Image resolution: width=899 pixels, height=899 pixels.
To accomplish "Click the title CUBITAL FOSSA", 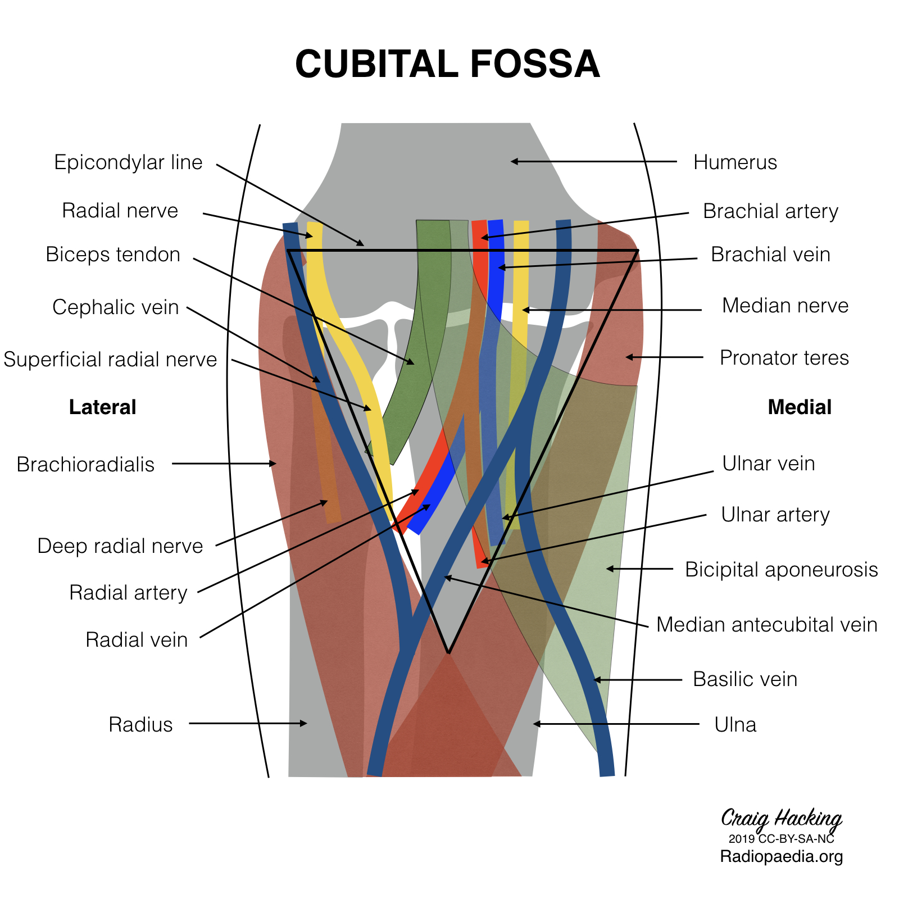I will (x=447, y=63).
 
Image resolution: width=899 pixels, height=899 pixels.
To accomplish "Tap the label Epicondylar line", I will (x=128, y=162).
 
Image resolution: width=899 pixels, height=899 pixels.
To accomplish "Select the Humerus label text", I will (x=735, y=162).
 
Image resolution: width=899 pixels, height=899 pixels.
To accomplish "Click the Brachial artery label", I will (x=770, y=211).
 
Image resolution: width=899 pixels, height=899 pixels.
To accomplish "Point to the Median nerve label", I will (x=785, y=306).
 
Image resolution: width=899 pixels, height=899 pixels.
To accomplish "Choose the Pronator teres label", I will (x=784, y=358).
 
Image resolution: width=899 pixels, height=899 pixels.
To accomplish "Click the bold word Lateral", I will (x=102, y=407).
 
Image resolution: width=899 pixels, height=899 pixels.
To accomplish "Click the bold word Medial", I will (x=799, y=407).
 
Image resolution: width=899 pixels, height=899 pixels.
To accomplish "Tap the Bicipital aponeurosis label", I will (x=781, y=570).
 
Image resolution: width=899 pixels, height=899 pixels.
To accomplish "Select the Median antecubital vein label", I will (x=766, y=625).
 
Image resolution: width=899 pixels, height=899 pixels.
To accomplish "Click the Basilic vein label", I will (x=745, y=679).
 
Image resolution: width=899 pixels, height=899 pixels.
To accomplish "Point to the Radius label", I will (x=140, y=725).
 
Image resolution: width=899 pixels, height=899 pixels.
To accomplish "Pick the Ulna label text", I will (x=735, y=725).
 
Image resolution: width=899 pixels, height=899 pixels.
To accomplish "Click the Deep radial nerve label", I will (x=120, y=546).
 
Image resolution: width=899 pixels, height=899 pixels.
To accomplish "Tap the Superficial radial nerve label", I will (x=110, y=360).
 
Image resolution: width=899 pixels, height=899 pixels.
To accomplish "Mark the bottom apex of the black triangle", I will (x=448, y=652).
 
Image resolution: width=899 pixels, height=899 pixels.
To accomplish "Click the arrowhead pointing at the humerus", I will (x=513, y=161).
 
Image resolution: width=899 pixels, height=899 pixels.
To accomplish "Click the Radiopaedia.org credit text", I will (x=781, y=857).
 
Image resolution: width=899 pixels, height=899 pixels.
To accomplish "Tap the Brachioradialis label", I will (x=85, y=465).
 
